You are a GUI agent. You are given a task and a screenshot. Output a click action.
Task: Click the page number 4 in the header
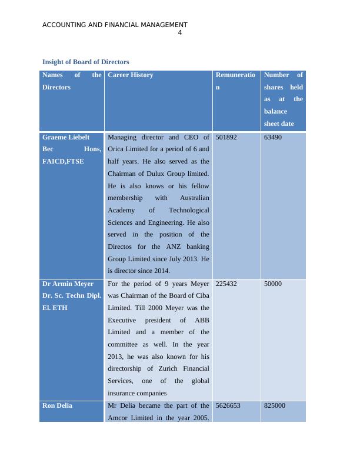[179, 33]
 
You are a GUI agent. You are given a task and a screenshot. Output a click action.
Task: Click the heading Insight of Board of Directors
[86, 62]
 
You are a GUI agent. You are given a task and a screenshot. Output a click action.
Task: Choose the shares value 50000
[273, 284]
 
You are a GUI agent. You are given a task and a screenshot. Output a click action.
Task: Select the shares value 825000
[275, 406]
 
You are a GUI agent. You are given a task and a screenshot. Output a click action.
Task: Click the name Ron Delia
[58, 406]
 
